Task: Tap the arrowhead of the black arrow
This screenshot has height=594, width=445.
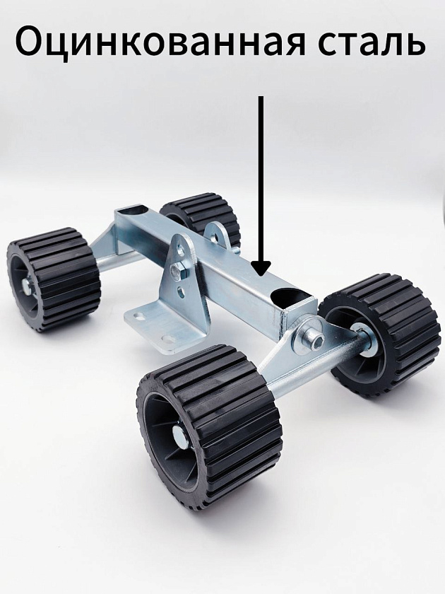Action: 261,269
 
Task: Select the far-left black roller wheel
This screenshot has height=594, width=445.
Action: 53,279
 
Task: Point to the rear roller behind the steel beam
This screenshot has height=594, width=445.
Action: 200,218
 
